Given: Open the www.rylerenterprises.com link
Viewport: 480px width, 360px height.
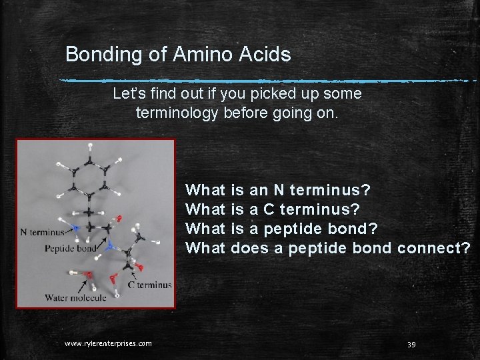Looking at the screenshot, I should pyautogui.click(x=108, y=343).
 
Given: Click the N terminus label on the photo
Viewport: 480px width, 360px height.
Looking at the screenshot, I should pyautogui.click(x=43, y=232).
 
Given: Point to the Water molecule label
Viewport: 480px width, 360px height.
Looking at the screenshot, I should pyautogui.click(x=75, y=298).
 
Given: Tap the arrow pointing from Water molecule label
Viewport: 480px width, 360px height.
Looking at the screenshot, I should pyautogui.click(x=83, y=286).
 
